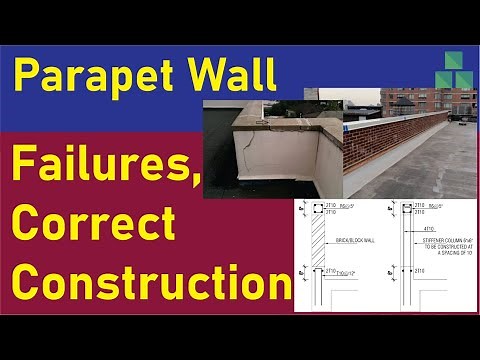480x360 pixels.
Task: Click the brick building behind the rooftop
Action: click(x=419, y=101)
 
